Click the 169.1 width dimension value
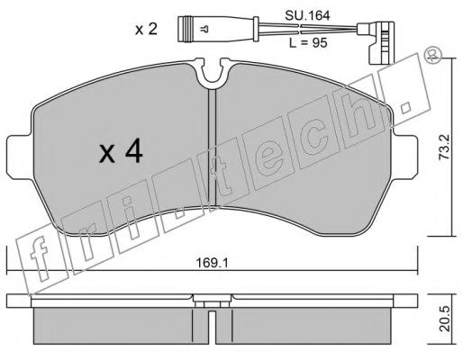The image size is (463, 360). [212, 263]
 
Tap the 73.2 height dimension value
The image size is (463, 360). [444, 147]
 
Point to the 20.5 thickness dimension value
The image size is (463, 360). [445, 319]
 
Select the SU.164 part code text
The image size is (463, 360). [307, 15]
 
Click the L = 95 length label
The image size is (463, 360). [308, 43]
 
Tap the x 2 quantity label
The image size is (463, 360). [146, 30]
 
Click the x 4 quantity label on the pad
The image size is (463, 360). [122, 153]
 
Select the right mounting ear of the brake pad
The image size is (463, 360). [404, 157]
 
